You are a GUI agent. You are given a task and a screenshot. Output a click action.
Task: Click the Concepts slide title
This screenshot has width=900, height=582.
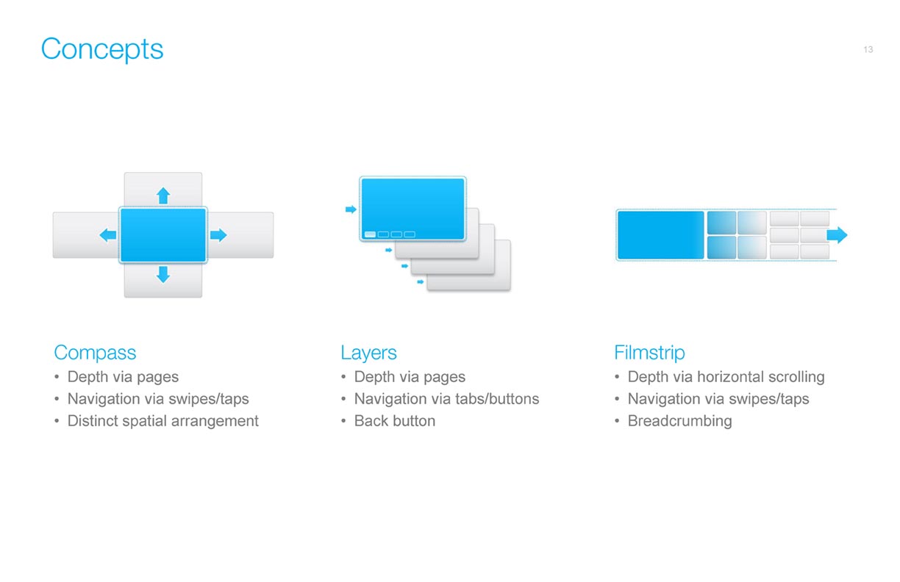tap(102, 49)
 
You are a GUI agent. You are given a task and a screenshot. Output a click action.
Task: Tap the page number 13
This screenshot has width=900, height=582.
tap(868, 49)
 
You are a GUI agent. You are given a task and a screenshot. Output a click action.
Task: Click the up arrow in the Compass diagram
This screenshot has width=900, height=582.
tap(163, 195)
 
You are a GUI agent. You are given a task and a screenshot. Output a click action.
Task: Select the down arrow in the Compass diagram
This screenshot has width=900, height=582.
tap(163, 275)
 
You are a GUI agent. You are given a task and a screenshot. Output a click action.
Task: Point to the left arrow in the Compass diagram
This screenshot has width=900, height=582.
tap(107, 235)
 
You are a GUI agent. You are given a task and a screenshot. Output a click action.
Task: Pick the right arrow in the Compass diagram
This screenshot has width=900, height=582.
tap(218, 235)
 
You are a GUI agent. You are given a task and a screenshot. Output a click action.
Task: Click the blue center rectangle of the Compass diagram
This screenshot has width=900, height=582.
tap(163, 235)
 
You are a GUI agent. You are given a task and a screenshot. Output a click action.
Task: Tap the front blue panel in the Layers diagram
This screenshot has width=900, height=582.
tap(413, 209)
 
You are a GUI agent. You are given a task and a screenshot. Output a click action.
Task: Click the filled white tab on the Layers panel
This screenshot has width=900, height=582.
tap(370, 234)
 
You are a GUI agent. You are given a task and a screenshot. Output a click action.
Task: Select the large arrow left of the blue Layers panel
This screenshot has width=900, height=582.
tap(351, 209)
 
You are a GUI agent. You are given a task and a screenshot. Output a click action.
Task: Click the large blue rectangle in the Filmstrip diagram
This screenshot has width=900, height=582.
tap(660, 235)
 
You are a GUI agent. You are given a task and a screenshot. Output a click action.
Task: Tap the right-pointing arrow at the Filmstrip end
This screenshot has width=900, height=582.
tap(838, 235)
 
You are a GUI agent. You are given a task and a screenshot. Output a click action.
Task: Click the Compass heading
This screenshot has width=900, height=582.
tap(96, 353)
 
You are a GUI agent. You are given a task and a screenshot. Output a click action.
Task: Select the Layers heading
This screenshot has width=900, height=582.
tap(368, 353)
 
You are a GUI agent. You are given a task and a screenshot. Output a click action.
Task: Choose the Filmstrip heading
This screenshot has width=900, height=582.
tap(649, 353)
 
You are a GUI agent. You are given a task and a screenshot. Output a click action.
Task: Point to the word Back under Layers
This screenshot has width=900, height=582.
tap(371, 421)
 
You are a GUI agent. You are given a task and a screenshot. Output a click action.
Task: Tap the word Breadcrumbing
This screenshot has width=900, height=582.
tap(680, 421)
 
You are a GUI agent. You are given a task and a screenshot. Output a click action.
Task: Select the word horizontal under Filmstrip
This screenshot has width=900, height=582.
tap(730, 377)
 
